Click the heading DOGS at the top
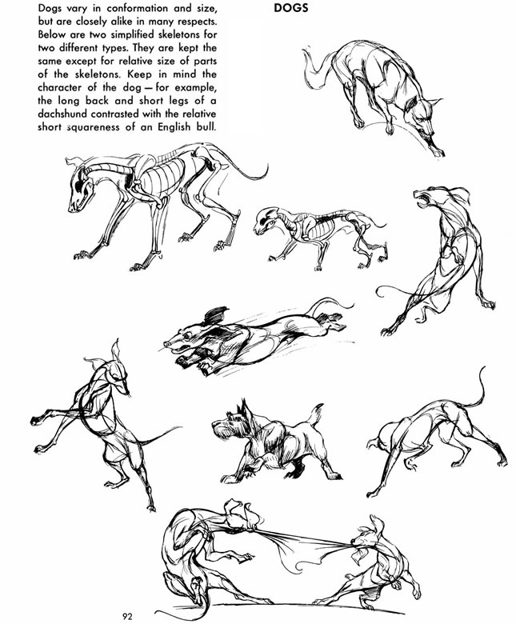[x=291, y=8]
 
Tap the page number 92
[x=127, y=617]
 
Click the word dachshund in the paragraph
[x=62, y=114]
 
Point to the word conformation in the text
[x=138, y=8]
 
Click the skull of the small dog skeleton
[x=266, y=220]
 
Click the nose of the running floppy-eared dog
[x=168, y=344]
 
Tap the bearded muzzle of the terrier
[x=221, y=430]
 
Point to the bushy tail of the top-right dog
[x=316, y=68]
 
